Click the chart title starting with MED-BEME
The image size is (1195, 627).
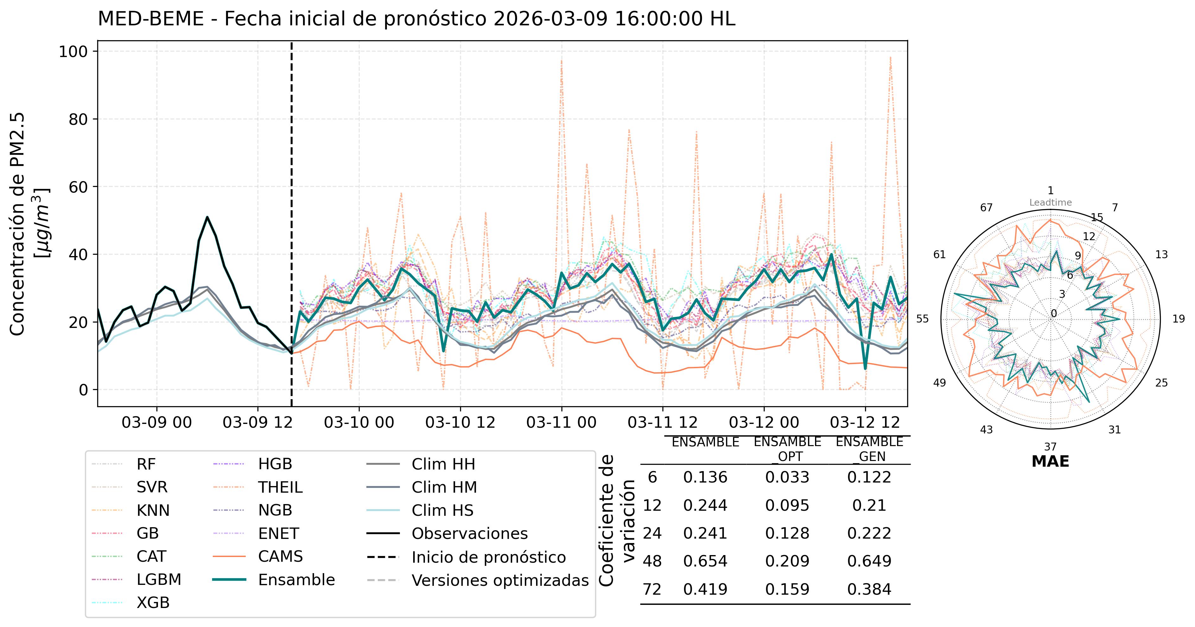(x=416, y=19)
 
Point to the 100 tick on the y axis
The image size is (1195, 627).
(x=73, y=52)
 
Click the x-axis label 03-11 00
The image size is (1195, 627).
(x=561, y=422)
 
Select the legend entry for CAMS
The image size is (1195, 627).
(x=280, y=556)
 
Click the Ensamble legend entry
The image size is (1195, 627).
(x=296, y=580)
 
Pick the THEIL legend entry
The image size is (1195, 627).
(x=280, y=487)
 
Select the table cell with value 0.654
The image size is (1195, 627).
(x=705, y=561)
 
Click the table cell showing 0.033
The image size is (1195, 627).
(x=787, y=477)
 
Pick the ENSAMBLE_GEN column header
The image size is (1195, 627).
(x=869, y=449)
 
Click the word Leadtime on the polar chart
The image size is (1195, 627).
(x=1050, y=202)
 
